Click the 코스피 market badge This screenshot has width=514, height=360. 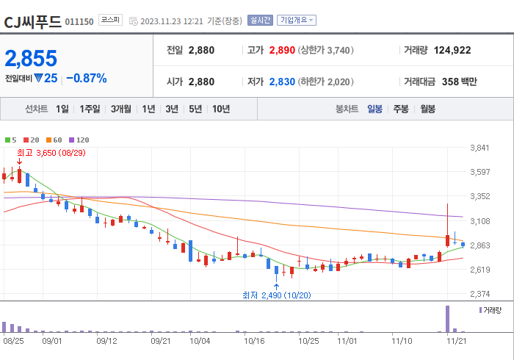(x=110, y=21)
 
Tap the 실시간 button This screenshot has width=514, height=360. (x=260, y=21)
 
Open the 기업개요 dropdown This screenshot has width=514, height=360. (x=297, y=21)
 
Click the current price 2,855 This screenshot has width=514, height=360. (x=31, y=59)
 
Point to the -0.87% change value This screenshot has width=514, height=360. (x=87, y=78)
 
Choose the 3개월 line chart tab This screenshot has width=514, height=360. (x=121, y=109)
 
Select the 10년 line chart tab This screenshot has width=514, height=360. (x=220, y=109)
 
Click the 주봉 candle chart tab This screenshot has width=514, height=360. (x=401, y=109)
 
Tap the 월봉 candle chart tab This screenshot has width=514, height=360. (x=427, y=109)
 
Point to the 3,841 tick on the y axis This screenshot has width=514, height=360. (x=479, y=148)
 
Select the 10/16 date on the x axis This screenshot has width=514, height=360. (x=254, y=341)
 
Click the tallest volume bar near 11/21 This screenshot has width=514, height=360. (x=447, y=319)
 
